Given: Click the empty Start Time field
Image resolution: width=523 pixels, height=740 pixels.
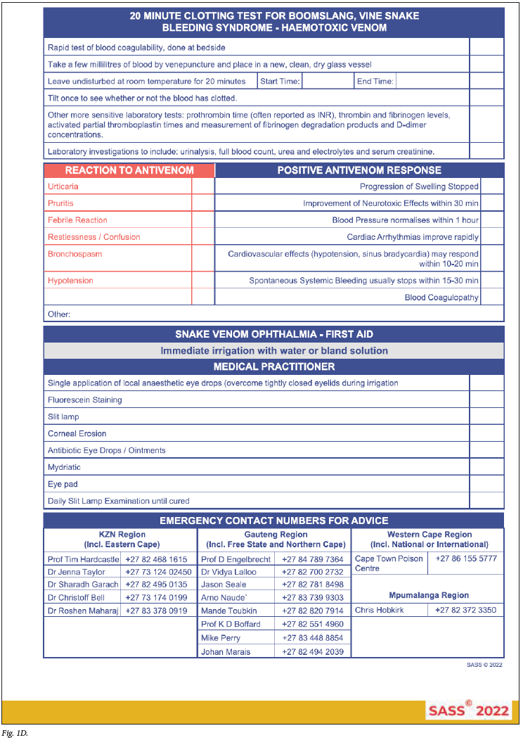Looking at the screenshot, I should tap(328, 82).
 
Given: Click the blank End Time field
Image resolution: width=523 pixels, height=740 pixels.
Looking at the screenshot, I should tap(432, 82).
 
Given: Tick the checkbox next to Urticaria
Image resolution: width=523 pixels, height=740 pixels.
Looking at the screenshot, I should tap(203, 186).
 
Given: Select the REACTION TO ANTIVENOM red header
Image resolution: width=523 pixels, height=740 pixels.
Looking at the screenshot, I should tap(129, 170).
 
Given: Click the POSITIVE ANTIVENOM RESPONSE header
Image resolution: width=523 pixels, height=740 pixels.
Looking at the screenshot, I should tap(359, 170).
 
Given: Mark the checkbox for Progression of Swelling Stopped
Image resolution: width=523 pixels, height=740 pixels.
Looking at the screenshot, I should tap(492, 186).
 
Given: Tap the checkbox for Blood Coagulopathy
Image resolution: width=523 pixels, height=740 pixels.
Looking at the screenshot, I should tap(492, 297).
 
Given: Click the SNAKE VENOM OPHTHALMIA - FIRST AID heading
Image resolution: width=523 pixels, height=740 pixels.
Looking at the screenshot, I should tap(274, 334).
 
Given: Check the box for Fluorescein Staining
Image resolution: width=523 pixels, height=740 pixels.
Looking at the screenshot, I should tap(486, 400).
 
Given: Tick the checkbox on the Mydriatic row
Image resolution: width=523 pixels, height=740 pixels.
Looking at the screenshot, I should tap(486, 467).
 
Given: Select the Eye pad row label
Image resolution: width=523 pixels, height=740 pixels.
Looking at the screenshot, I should tap(63, 485).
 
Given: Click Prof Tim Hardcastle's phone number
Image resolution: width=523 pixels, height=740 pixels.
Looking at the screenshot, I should tap(157, 559).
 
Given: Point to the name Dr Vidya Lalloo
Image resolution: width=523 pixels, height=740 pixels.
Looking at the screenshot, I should tap(229, 572).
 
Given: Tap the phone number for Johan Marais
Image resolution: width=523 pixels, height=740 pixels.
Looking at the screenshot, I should tap(313, 651).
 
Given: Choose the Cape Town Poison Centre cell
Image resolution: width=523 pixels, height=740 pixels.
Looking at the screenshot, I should tap(389, 563).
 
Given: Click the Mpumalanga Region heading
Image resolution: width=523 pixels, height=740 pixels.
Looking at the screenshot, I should tap(428, 595).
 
